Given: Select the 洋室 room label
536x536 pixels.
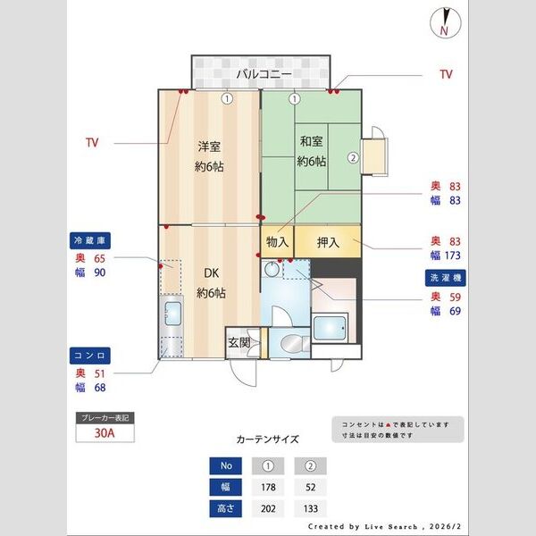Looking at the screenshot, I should coord(210,147).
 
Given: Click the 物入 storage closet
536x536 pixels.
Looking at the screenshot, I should coord(277,241).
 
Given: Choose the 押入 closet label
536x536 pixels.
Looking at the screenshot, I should coord(327,241).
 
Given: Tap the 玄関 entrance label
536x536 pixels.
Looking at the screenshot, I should coord(238,342).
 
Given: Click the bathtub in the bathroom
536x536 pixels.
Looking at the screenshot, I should coord(331,329).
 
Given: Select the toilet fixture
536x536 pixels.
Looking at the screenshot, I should coord(290,343).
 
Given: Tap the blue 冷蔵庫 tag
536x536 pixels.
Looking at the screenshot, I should coord(89,240).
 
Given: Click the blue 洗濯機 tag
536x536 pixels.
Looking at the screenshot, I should coord(444,278).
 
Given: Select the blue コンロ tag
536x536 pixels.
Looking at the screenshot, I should coord(89,355).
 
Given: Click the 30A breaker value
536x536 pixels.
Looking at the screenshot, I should coord(105,434).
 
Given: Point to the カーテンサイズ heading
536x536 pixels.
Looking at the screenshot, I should coord(267,440).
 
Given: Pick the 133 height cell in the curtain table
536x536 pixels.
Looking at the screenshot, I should coord(310,508).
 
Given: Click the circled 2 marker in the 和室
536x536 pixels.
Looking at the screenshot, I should coord(353,158).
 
